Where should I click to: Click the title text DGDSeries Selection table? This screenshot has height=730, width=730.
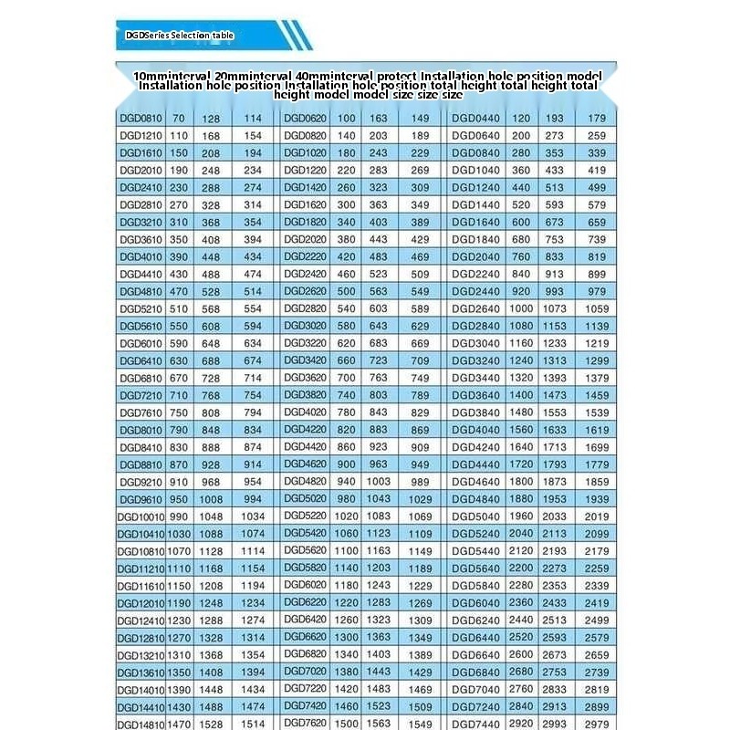pos(180,36)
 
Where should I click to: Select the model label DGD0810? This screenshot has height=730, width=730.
pos(140,119)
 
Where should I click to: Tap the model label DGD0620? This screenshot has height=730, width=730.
pos(305,119)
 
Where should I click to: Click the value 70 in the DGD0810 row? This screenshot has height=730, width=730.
pos(178,119)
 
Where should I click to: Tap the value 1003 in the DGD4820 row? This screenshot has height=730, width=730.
pos(378,482)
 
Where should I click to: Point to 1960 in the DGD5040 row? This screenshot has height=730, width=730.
pos(521,516)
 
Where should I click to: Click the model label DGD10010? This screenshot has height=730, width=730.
pos(140,516)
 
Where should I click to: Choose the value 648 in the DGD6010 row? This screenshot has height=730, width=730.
pos(211,343)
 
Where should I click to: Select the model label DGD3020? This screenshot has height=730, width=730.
pos(305,326)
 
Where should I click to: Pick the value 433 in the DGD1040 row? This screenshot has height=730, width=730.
pos(555,171)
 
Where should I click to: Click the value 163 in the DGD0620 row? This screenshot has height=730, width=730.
pos(378,119)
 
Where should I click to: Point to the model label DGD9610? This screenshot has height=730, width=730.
pos(140,499)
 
